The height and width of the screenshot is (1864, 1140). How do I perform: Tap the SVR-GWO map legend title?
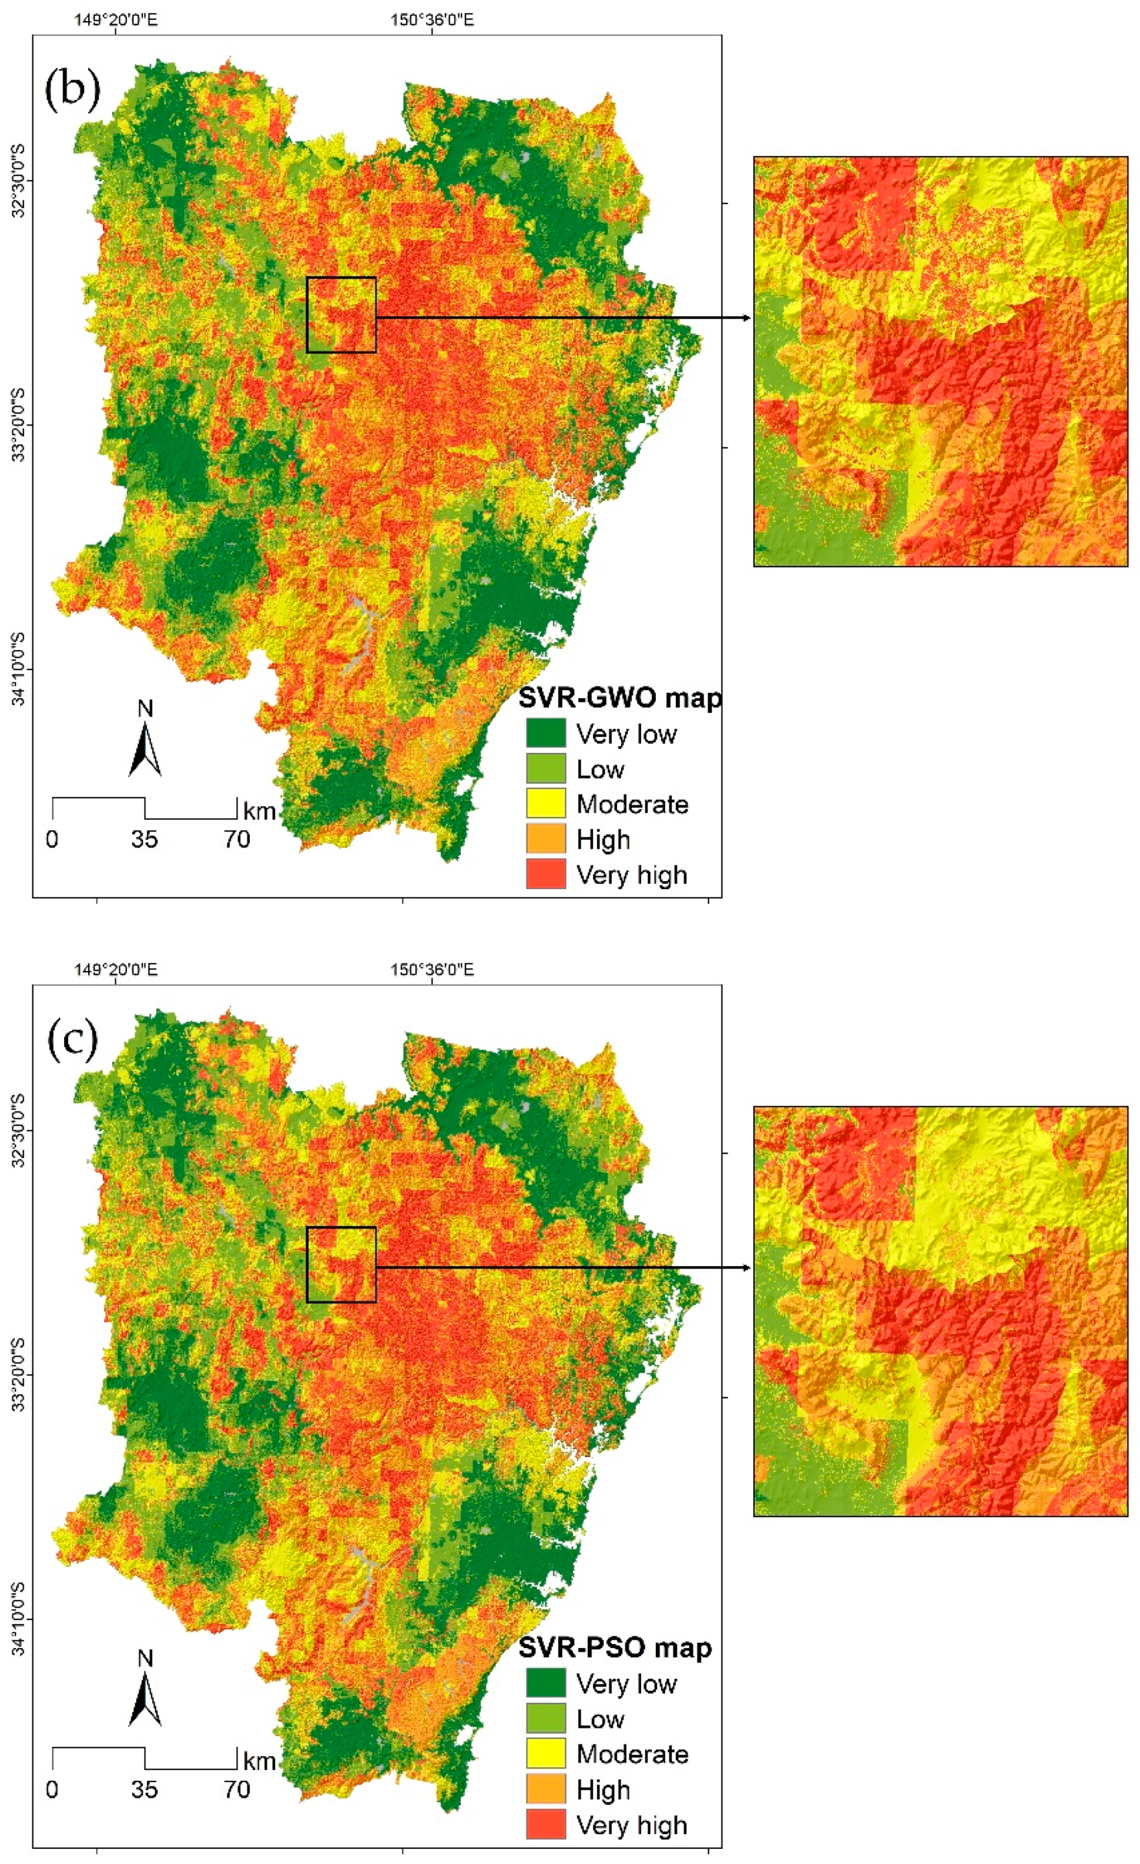click(619, 698)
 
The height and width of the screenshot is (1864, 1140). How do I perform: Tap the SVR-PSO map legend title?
click(614, 1647)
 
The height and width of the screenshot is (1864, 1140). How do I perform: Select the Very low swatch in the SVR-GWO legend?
click(545, 732)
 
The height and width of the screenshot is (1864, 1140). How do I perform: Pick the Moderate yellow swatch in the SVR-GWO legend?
click(545, 804)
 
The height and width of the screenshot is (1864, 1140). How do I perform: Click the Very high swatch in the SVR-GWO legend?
click(545, 874)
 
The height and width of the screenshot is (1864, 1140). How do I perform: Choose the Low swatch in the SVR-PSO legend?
click(545, 1718)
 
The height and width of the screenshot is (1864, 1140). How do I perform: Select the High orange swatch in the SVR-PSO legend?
click(545, 1789)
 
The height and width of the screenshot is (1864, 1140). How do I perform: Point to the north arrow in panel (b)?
click(145, 749)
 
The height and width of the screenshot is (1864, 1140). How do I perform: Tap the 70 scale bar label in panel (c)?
click(236, 1788)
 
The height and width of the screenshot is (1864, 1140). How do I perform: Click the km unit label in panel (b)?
click(258, 811)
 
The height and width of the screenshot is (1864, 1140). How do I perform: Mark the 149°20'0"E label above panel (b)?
click(116, 20)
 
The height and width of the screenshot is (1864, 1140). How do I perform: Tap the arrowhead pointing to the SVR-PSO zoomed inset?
click(747, 1267)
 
